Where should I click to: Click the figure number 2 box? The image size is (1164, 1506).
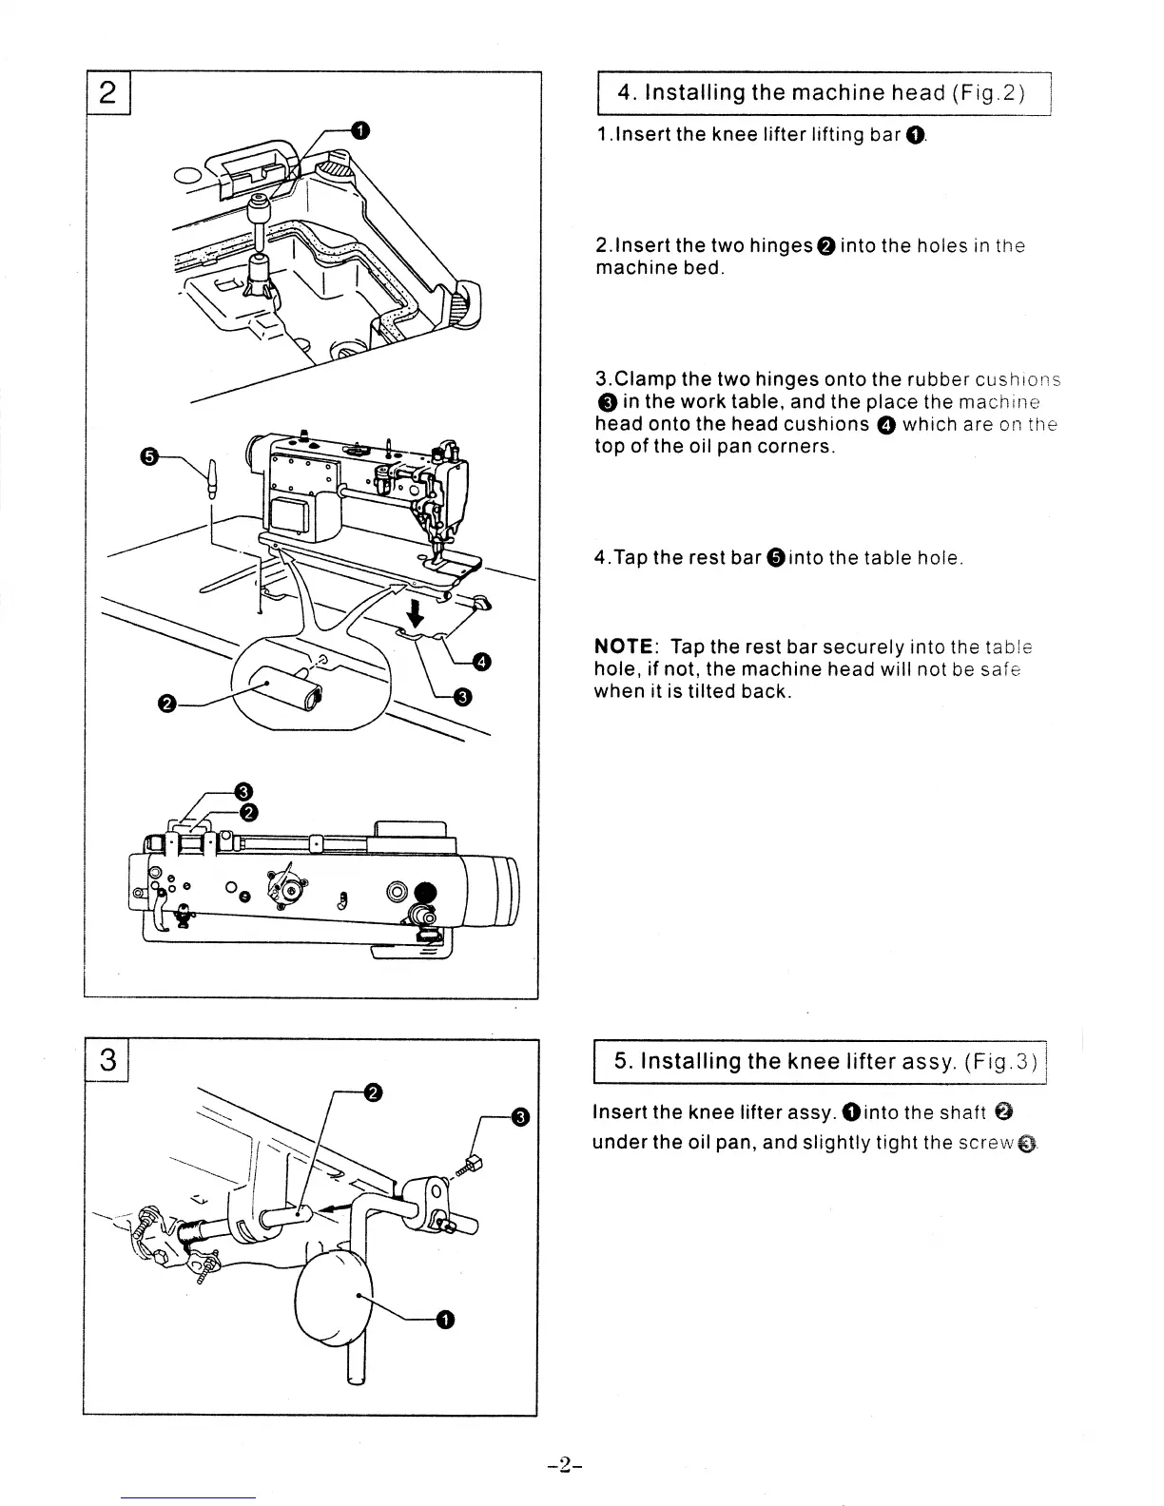pyautogui.click(x=109, y=93)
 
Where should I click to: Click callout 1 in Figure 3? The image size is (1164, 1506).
pyautogui.click(x=445, y=1318)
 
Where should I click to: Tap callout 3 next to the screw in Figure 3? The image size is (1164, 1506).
pyautogui.click(x=519, y=1117)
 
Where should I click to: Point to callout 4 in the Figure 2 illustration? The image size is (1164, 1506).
pyautogui.click(x=483, y=662)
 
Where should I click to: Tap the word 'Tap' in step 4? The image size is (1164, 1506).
pyautogui.click(x=630, y=558)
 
